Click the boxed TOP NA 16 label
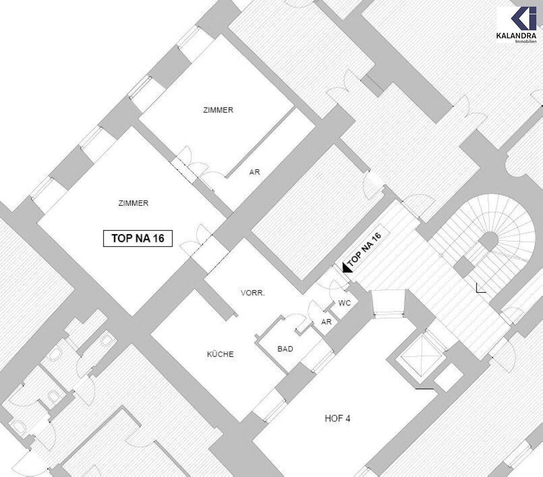tap(138, 238)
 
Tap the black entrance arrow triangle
tap(347, 267)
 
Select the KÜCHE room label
tap(220, 354)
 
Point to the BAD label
tap(285, 349)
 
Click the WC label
tap(344, 303)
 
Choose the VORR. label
tap(253, 293)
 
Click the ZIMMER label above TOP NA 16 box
tap(133, 203)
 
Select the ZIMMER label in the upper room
tap(218, 110)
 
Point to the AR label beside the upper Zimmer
tap(255, 172)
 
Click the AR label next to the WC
tap(326, 322)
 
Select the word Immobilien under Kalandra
tap(526, 41)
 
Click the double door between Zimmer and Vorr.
tap(198, 241)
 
